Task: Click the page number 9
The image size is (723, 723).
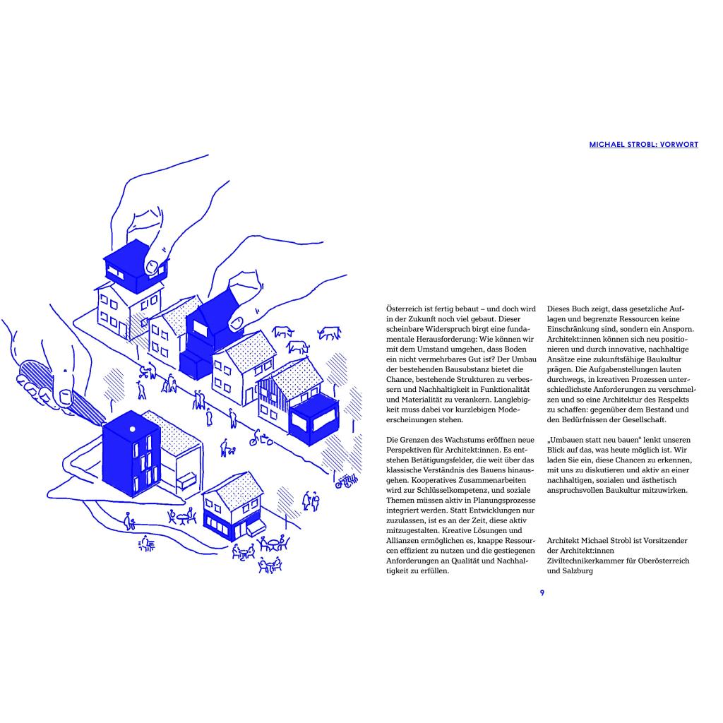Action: tap(542, 592)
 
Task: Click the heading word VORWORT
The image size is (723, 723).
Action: tap(679, 145)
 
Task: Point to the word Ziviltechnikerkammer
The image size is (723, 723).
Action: tap(591, 561)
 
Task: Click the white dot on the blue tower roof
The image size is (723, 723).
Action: tap(131, 429)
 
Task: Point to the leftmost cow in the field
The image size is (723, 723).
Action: tap(283, 331)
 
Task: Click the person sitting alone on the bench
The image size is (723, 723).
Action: tap(129, 522)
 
